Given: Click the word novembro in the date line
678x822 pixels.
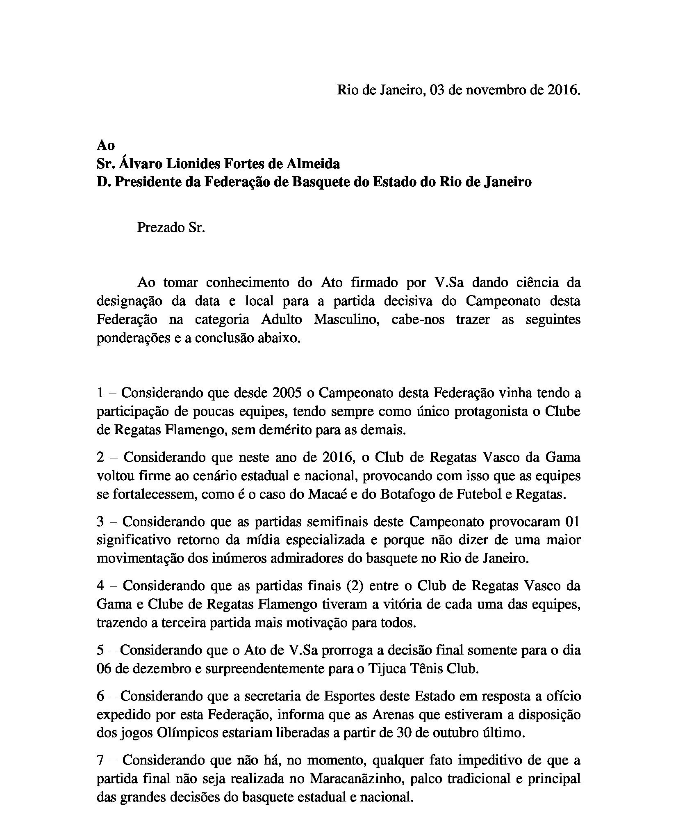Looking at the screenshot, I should [499, 90].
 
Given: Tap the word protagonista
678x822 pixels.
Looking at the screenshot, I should [482, 411].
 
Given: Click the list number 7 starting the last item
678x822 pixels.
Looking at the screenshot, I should [101, 760].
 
